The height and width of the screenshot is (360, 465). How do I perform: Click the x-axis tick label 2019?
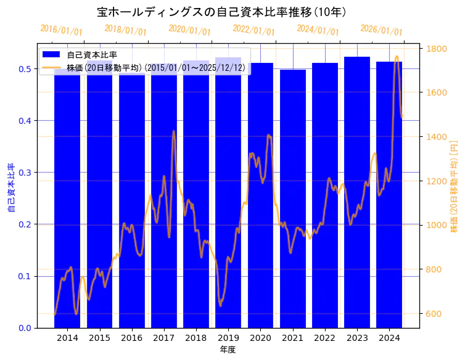click(228, 338)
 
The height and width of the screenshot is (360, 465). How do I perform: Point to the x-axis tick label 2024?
click(389, 338)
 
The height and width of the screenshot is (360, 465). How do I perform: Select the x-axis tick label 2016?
click(131, 338)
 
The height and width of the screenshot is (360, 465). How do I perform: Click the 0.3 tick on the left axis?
click(24, 172)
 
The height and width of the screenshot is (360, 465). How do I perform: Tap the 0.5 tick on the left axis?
click(24, 68)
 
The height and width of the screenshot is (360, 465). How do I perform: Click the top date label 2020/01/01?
click(189, 30)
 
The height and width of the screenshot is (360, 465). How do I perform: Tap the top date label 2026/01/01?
click(381, 30)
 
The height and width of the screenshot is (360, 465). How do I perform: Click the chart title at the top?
click(222, 12)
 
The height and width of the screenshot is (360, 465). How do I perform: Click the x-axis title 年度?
click(228, 350)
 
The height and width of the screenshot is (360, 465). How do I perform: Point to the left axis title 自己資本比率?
click(10, 188)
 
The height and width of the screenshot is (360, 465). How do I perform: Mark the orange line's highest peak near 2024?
click(397, 57)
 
